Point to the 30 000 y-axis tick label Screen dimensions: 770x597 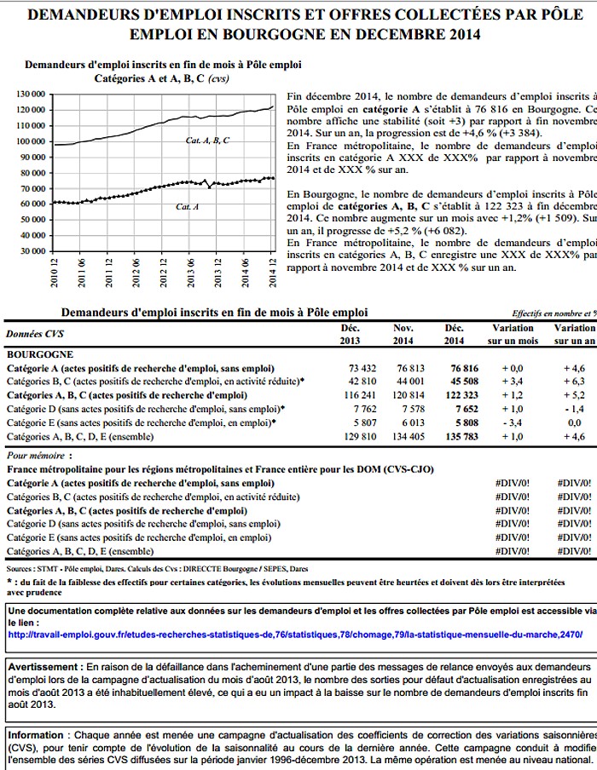coord(30,251)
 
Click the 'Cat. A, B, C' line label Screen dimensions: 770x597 coord(208,140)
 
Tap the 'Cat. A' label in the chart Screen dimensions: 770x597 coord(188,207)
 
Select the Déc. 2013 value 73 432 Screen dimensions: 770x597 coord(351,368)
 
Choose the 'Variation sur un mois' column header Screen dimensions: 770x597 coord(513,334)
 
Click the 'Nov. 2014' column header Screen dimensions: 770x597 coord(403,334)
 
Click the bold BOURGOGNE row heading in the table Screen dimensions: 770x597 coord(40,353)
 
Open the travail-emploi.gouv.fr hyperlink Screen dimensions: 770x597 coord(294,635)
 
